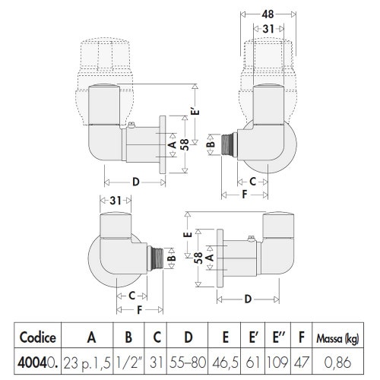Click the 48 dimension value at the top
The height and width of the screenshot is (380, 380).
click(x=268, y=14)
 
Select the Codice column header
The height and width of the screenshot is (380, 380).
click(x=38, y=337)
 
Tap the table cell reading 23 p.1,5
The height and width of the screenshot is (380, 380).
click(x=87, y=363)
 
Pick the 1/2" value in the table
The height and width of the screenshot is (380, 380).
click(x=128, y=362)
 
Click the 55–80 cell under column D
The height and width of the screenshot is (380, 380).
click(x=188, y=362)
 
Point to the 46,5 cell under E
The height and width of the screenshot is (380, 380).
click(x=225, y=363)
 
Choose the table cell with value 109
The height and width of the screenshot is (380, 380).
click(x=277, y=362)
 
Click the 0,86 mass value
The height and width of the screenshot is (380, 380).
click(x=337, y=363)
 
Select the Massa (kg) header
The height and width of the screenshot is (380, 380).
click(x=337, y=338)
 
